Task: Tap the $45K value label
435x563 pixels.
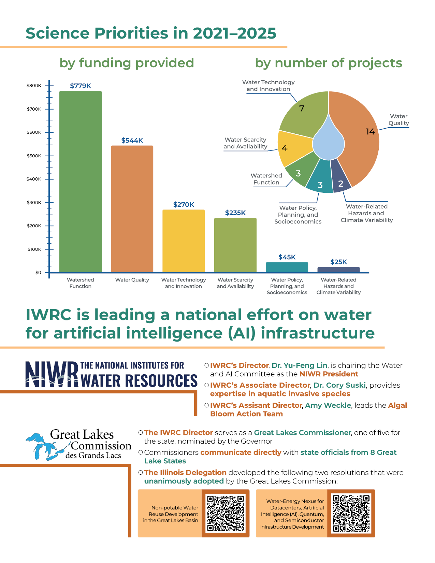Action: click(x=287, y=257)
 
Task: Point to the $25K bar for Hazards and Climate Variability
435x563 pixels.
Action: click(x=338, y=270)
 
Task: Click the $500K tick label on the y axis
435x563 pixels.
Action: click(x=34, y=156)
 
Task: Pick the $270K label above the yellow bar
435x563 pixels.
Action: click(x=184, y=204)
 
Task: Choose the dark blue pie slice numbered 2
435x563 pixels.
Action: click(x=341, y=179)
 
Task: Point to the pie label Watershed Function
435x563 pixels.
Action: click(x=266, y=179)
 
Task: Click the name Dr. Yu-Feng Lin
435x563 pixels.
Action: click(x=299, y=365)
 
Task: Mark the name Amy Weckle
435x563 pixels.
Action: click(x=328, y=405)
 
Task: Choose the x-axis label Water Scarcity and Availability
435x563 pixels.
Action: click(x=235, y=283)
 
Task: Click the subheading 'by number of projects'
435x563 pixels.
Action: click(x=329, y=63)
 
